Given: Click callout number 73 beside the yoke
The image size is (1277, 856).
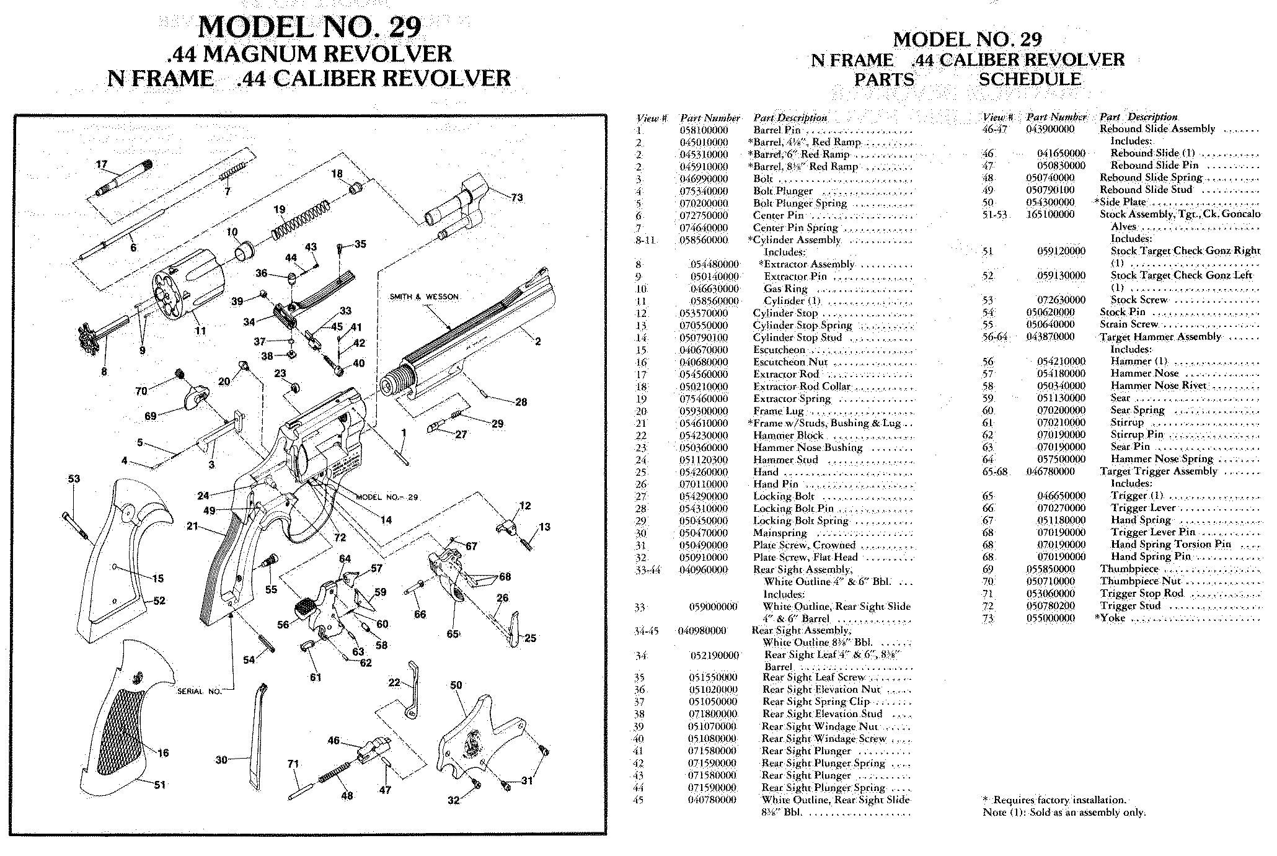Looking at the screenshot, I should (x=517, y=198).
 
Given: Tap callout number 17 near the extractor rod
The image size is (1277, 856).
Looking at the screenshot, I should (x=102, y=165).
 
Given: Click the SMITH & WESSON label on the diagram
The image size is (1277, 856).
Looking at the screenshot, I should (x=424, y=297).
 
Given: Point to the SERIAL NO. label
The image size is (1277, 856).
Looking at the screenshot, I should (x=199, y=692).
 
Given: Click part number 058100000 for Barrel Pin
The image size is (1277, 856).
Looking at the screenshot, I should (x=704, y=130).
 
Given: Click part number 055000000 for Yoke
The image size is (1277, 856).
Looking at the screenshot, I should (x=1050, y=618).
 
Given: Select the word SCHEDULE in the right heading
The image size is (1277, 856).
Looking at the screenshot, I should (x=1030, y=80).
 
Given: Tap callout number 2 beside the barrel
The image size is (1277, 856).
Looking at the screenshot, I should (x=537, y=341).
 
